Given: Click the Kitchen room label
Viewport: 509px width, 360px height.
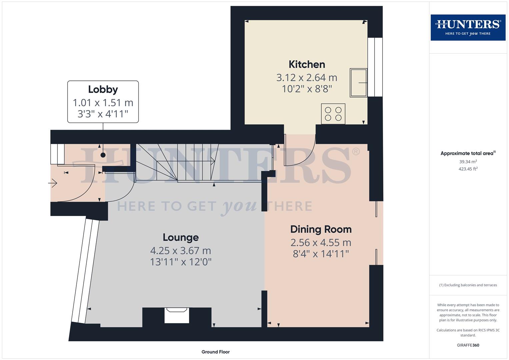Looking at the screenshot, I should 307,64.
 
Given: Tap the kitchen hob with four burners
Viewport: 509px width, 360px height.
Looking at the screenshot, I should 333,114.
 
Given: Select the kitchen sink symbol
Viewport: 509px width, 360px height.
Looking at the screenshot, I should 358,83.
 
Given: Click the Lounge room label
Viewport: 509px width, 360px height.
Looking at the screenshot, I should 181,237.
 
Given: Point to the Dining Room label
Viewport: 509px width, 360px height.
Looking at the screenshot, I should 321,229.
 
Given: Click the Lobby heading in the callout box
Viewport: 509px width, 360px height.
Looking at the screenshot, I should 103,89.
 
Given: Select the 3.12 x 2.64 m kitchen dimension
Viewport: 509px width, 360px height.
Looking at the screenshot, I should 307,78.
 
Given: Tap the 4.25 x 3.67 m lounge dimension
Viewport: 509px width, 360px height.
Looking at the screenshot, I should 181,251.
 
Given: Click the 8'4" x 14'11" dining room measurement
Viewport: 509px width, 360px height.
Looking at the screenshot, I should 321,254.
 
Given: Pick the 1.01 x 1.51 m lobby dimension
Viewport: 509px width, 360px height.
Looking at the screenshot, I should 103,103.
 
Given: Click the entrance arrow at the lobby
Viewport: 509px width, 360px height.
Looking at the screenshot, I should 53,183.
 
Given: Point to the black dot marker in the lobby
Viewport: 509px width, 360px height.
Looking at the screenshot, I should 103,155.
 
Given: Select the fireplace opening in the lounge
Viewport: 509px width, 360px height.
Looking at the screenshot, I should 177,315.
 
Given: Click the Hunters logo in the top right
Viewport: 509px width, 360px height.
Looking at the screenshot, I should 468,27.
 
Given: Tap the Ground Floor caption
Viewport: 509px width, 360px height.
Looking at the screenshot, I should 215,352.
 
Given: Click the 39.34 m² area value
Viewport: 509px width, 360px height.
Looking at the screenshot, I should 468,162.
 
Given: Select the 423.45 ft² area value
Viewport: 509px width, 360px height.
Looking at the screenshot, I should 468,169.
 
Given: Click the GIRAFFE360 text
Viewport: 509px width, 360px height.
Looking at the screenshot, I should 468,345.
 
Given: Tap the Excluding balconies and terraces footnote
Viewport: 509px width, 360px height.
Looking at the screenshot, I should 468,285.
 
